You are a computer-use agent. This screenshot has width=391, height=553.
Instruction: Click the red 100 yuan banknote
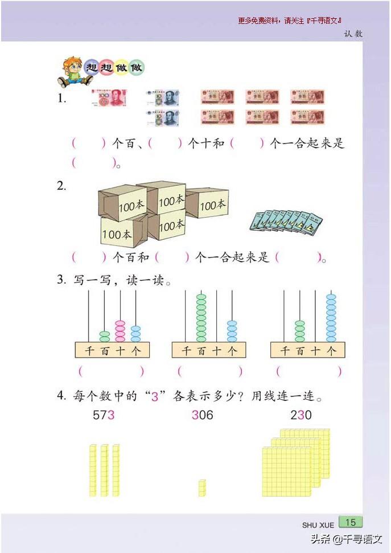pos(109,98)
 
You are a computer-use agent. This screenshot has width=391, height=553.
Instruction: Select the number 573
pos(104,415)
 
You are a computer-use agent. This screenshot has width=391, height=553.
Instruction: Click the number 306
pos(202,415)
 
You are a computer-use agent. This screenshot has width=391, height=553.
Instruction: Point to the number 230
pos(301,415)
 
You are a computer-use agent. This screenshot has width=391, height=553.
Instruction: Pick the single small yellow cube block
pos(201,488)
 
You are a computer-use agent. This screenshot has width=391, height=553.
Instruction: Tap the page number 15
pos(351,522)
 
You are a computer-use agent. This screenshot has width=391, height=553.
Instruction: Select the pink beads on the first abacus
pos(120,330)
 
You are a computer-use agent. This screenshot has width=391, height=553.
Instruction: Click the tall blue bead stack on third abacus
pos(331,317)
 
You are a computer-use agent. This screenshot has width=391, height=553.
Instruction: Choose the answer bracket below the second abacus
pos(209,372)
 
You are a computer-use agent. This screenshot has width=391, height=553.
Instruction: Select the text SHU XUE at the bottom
pos(318,525)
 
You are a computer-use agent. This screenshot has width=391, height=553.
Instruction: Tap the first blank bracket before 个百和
pos(88,257)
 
